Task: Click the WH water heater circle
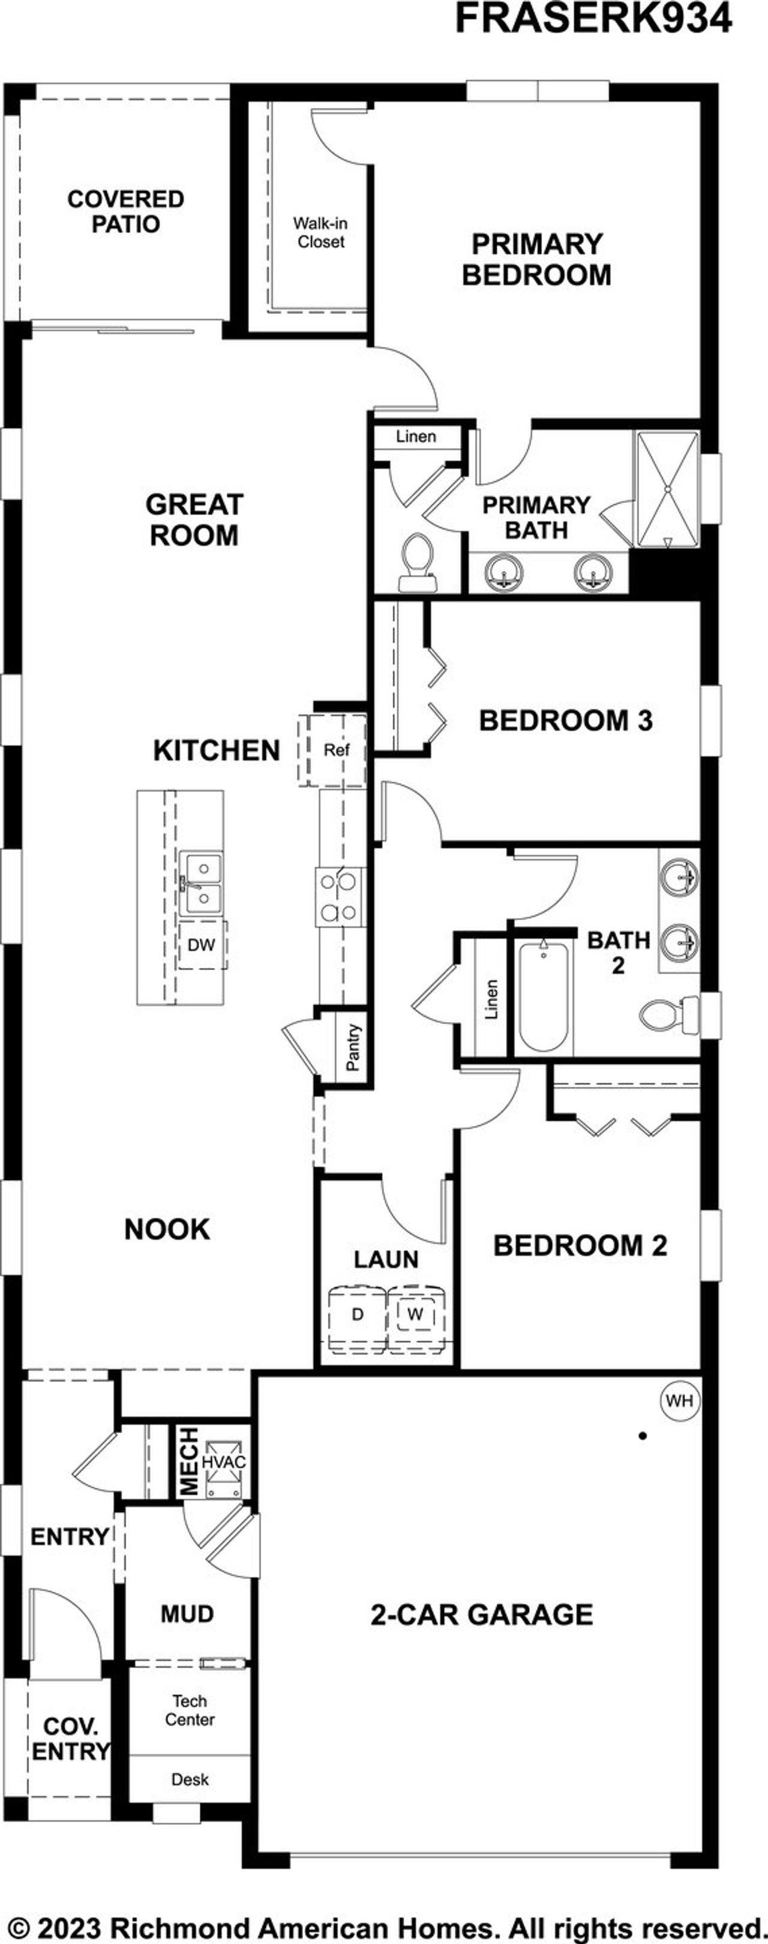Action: coord(679,1401)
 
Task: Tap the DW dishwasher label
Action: coord(202,944)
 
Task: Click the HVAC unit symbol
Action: coord(224,1462)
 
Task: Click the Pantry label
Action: coord(352,1047)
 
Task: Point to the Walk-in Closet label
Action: coord(320,232)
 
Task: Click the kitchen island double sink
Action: coord(200,883)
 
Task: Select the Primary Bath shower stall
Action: coord(668,489)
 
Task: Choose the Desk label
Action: coord(190,1780)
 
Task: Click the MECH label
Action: coord(190,1461)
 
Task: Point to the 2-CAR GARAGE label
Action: coord(481,1615)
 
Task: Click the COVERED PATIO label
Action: coord(125,211)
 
